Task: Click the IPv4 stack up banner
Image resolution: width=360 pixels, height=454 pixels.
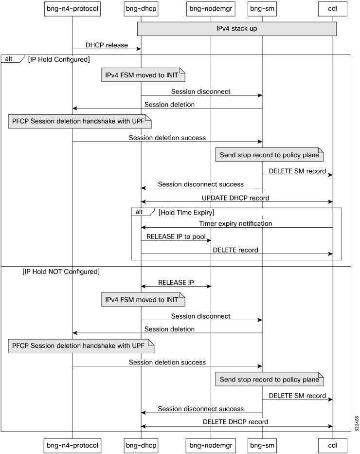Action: click(x=237, y=28)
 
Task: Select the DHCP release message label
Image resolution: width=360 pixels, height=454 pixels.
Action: click(x=107, y=45)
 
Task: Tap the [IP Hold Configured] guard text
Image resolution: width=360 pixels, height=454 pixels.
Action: click(x=59, y=59)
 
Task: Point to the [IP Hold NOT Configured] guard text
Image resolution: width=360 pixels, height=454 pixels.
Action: click(x=61, y=272)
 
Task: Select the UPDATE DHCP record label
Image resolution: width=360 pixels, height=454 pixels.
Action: click(x=235, y=198)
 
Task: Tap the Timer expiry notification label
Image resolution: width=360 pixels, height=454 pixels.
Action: click(x=235, y=223)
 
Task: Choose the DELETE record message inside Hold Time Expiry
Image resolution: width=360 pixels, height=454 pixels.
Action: click(x=235, y=250)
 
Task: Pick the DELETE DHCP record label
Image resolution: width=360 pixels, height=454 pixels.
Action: click(x=235, y=422)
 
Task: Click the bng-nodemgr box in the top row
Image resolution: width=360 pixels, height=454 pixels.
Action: click(x=211, y=8)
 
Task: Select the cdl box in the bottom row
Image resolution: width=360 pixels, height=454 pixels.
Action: click(x=333, y=445)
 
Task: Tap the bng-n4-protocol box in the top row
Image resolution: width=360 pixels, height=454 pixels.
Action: click(x=72, y=8)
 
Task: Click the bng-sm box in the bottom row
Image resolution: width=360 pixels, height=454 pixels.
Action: click(x=262, y=445)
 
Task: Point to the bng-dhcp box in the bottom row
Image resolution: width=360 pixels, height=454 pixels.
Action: click(x=141, y=445)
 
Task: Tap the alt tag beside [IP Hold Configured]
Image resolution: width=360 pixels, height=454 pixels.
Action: click(x=10, y=59)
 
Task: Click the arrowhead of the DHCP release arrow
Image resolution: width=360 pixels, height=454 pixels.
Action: click(x=139, y=49)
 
